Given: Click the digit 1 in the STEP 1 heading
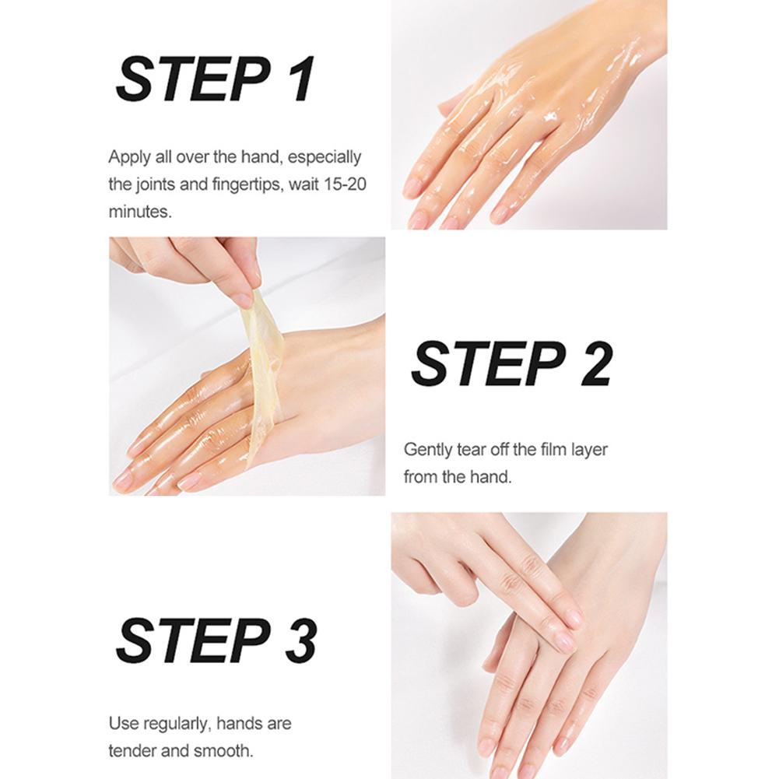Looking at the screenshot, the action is coord(300,79).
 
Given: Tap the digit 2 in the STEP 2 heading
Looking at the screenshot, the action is coord(595,363).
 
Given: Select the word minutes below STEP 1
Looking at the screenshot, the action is coord(139,212).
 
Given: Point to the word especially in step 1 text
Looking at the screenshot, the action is coord(325,157).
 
